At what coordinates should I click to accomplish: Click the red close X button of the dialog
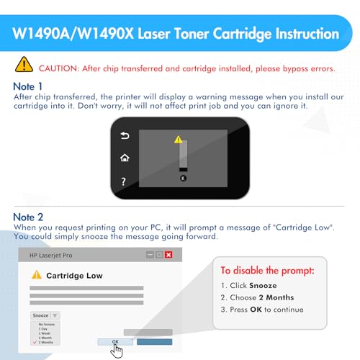point(168,255)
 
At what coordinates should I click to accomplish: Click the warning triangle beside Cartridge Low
point(36,275)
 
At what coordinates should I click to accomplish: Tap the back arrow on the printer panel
point(125,135)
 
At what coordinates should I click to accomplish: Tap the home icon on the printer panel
point(125,158)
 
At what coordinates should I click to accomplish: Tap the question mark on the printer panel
point(125,181)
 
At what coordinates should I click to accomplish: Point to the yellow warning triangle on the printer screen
point(179,139)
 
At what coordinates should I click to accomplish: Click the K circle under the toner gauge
point(183,177)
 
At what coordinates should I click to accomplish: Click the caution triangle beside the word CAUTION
point(24,66)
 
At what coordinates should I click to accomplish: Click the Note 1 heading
point(28,86)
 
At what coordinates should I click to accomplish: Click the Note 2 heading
point(28,216)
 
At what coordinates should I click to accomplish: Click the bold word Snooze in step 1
point(262,285)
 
